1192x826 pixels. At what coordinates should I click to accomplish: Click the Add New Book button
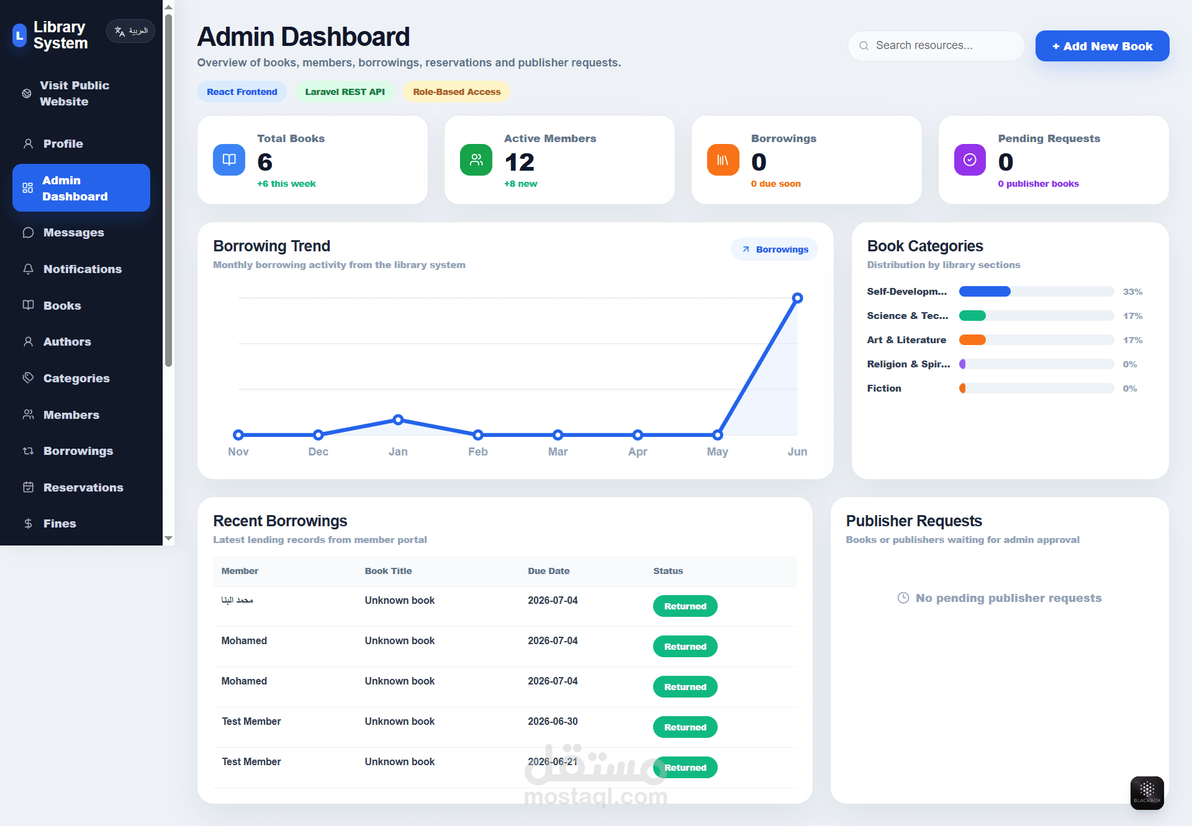(x=1102, y=46)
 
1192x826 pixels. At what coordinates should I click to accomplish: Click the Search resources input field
(x=936, y=46)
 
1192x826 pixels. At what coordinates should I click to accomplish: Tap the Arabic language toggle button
(x=130, y=31)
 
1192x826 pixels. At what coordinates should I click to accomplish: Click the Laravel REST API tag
(x=345, y=92)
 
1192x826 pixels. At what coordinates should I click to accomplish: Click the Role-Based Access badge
(x=456, y=92)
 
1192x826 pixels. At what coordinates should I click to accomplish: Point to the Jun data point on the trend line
(x=797, y=299)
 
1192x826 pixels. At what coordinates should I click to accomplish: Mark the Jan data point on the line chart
(x=398, y=420)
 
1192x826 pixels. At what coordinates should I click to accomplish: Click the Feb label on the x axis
(x=478, y=452)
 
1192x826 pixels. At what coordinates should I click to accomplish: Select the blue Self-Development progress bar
(x=985, y=292)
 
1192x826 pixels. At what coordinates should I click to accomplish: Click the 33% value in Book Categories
(x=1132, y=292)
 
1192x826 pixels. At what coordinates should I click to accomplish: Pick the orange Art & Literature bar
(x=972, y=340)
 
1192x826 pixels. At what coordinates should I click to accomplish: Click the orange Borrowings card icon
(x=723, y=160)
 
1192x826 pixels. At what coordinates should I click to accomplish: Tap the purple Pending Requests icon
(x=970, y=160)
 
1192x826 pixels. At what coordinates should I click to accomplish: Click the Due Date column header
(x=549, y=571)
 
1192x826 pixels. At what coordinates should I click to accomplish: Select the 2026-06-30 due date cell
(x=553, y=722)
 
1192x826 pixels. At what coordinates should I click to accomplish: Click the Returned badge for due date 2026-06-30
(x=685, y=727)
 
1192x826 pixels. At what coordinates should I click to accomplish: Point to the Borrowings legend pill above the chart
(x=775, y=249)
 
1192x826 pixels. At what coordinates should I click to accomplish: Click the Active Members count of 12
(x=520, y=163)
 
